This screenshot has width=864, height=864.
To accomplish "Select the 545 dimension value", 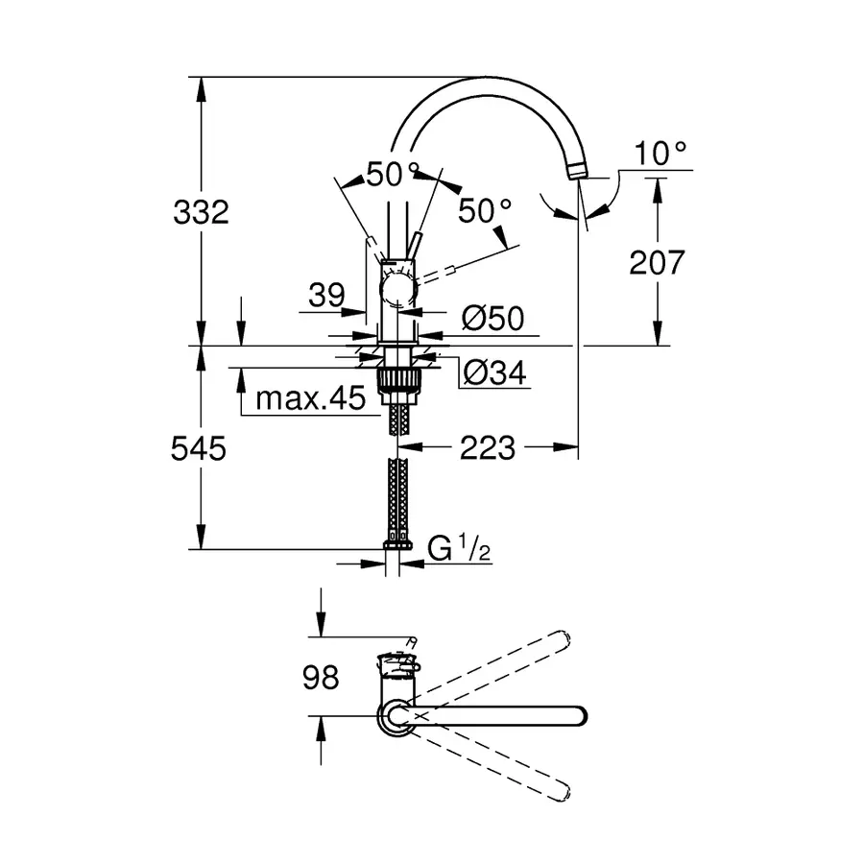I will (200, 447).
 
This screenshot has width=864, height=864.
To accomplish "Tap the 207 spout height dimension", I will (657, 261).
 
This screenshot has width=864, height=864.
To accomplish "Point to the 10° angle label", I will (661, 152).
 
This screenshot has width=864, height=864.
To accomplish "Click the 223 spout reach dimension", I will (489, 446).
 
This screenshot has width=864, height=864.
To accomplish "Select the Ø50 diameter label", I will (492, 319).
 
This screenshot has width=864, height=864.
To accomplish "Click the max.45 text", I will (302, 397).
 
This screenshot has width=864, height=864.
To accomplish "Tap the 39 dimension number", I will (326, 297).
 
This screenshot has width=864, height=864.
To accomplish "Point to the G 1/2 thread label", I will (460, 550).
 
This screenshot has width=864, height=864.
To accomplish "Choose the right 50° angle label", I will (484, 209).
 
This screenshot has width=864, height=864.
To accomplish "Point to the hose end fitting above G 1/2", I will (396, 545).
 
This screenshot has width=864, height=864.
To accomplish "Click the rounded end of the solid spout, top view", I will (577, 716).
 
